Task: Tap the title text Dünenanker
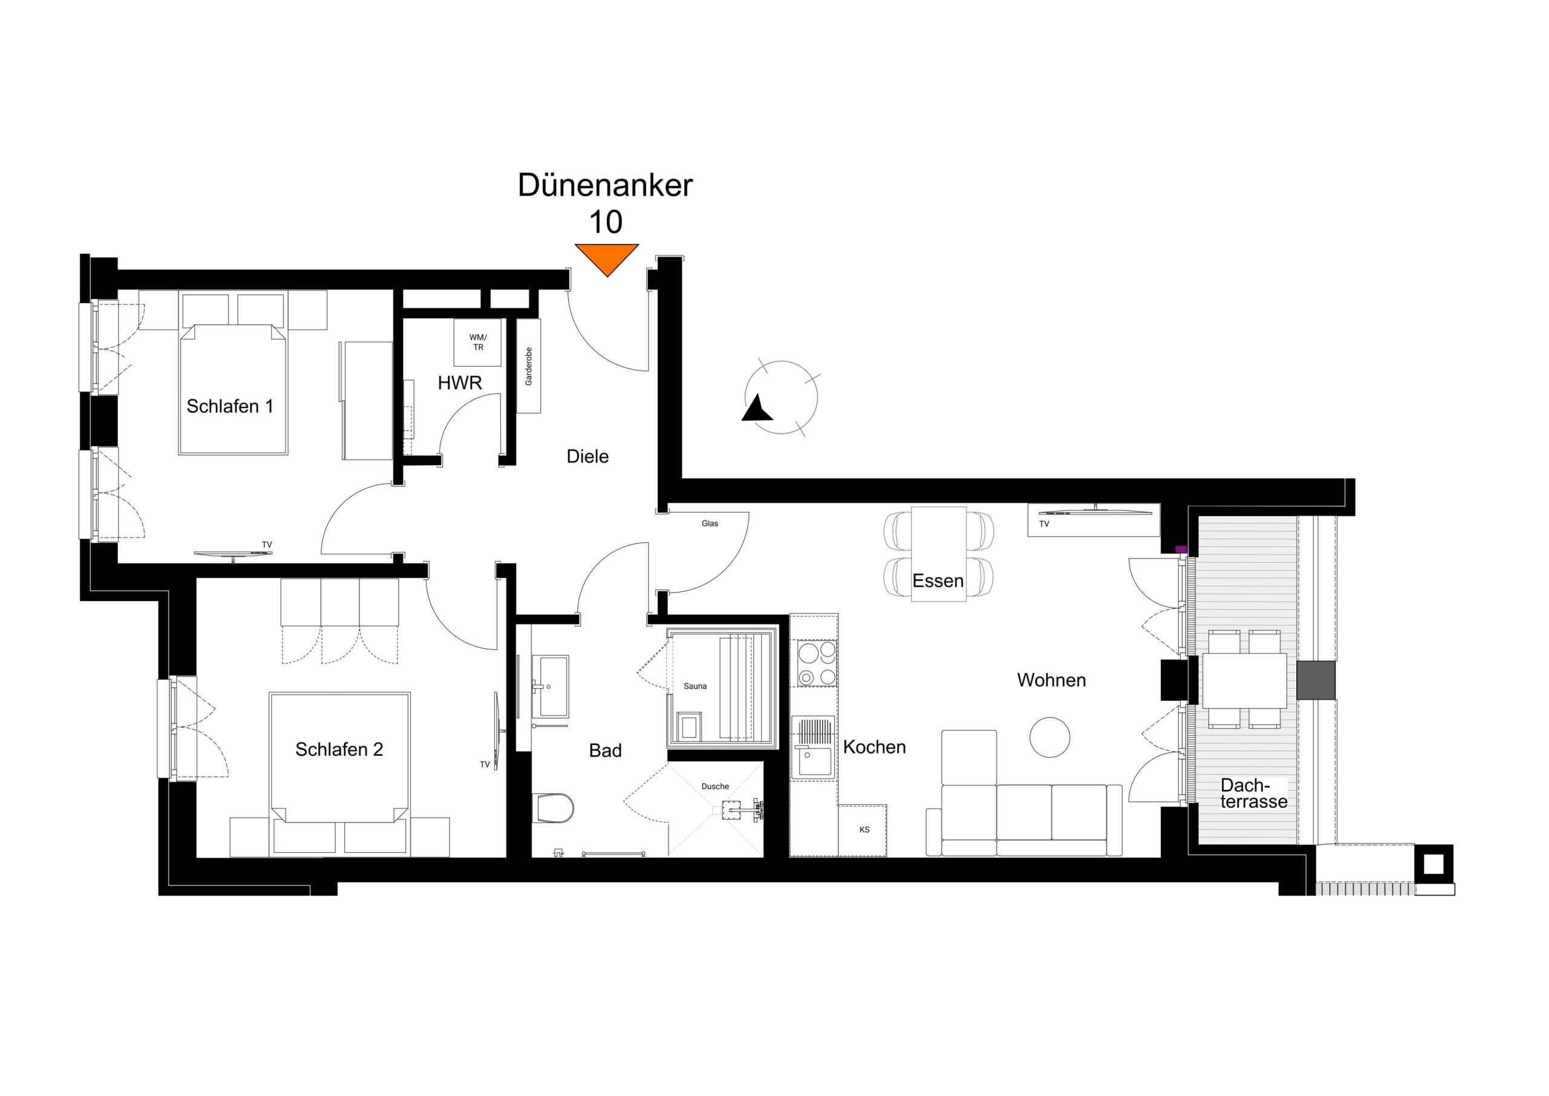coord(605,186)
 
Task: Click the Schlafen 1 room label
coord(230,406)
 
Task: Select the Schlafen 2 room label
coord(339,749)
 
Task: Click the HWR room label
coord(459,383)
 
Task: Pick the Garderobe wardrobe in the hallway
coord(528,366)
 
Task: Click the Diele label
coord(588,457)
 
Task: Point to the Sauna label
coord(695,686)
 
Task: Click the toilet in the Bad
coord(553,808)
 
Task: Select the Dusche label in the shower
coord(715,786)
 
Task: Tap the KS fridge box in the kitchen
coord(863,830)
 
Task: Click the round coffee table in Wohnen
coord(1049,737)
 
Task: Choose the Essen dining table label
coord(938,580)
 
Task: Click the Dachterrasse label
coord(1254,793)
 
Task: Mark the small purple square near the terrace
coord(1181,550)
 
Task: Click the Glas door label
coord(710,523)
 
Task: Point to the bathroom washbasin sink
coord(550,686)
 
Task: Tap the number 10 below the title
coord(605,222)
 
